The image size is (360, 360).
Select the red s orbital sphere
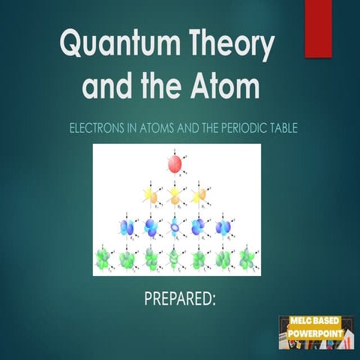tap(174, 164)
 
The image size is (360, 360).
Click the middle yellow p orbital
tap(175, 196)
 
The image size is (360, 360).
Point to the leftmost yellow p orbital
tap(151, 196)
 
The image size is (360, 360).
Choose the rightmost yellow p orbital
tap(199, 196)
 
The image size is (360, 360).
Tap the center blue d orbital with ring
tap(175, 226)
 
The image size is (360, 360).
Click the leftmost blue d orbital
tap(127, 226)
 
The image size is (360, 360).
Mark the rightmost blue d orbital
tap(223, 226)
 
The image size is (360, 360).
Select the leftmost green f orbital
tap(103, 259)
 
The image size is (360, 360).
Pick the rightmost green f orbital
tap(247, 259)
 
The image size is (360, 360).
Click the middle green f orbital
tap(175, 259)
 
